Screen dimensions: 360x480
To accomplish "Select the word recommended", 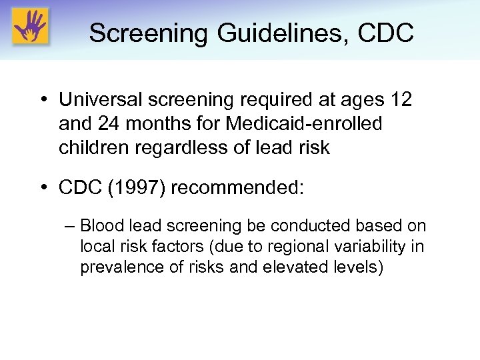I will click(x=237, y=189).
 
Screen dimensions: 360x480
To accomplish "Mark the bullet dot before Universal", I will click(x=42, y=101).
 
